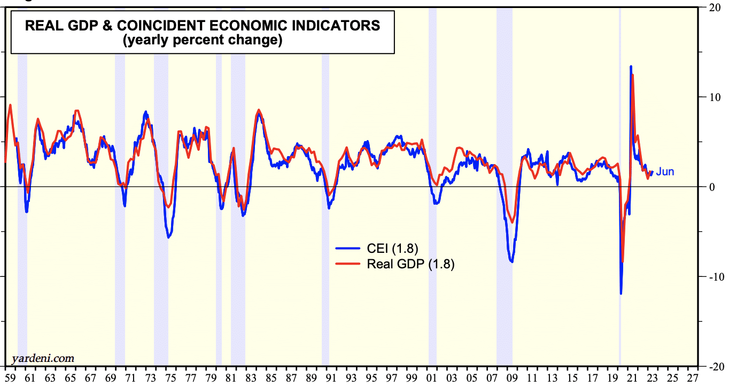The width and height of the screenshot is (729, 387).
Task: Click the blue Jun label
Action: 665,172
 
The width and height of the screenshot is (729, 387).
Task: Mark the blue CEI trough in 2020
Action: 621,293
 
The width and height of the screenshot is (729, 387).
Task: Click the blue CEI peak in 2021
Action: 631,66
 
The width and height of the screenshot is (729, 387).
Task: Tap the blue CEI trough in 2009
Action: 511,261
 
